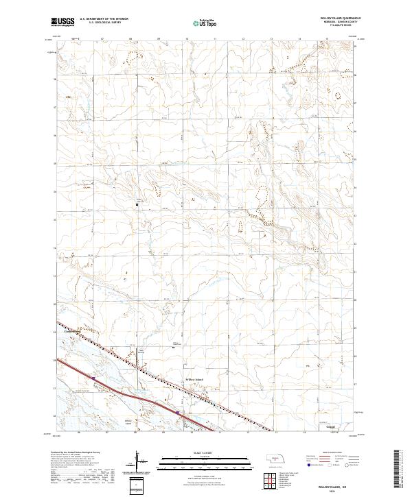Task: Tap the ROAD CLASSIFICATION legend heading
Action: [332, 453]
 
